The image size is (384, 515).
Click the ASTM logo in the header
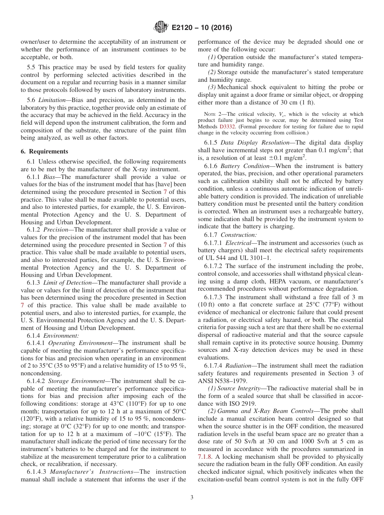161,28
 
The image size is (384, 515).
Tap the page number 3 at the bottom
192,497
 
